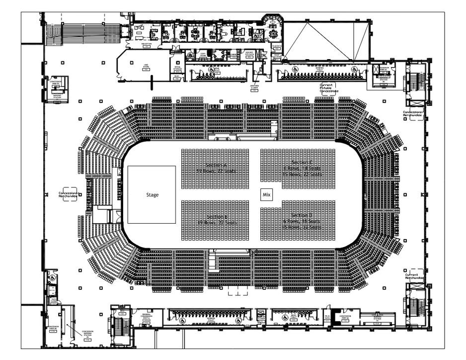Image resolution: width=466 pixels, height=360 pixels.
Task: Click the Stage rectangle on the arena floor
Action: (152, 194)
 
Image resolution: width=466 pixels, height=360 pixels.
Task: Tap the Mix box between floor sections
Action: (266, 195)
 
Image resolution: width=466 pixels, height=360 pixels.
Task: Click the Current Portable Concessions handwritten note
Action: (328, 88)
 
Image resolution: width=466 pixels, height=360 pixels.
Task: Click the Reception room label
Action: (147, 44)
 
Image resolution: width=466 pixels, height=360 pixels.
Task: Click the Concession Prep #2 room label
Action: (346, 317)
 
